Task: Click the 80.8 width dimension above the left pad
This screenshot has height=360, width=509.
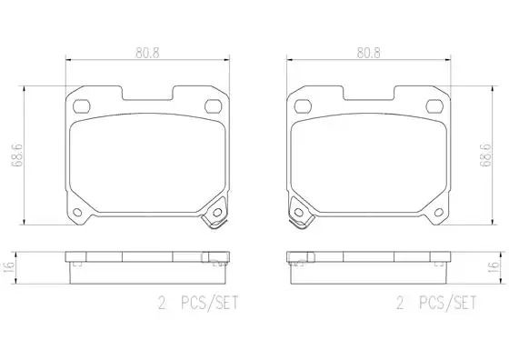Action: pyautogui.click(x=147, y=53)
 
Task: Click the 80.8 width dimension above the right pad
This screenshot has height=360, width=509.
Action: pyautogui.click(x=369, y=53)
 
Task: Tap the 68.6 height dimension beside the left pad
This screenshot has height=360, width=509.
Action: pyautogui.click(x=17, y=155)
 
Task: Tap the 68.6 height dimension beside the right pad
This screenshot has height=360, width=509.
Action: pyautogui.click(x=486, y=155)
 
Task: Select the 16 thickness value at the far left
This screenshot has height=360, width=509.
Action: pyautogui.click(x=9, y=267)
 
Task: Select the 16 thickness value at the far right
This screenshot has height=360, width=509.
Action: pyautogui.click(x=494, y=267)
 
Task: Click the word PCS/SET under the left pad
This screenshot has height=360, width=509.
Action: pyautogui.click(x=210, y=303)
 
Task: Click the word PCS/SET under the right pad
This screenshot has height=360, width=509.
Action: pyautogui.click(x=447, y=303)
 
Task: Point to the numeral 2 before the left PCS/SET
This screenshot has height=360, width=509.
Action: pyautogui.click(x=162, y=304)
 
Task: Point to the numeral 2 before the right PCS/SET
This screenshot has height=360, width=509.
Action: pyautogui.click(x=401, y=304)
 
